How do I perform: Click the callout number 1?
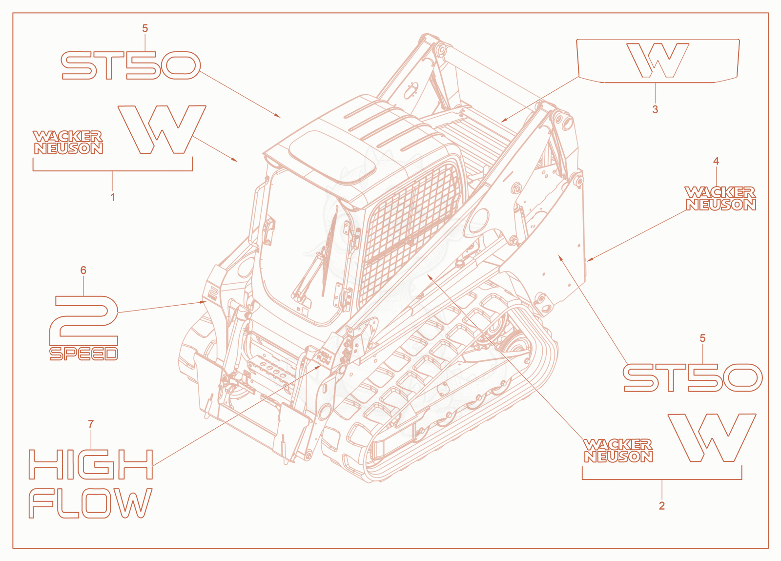(113, 197)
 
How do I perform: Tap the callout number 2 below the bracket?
(662, 505)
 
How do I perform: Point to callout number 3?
(655, 109)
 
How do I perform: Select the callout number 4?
(716, 161)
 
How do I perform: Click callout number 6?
(83, 270)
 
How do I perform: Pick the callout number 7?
(91, 424)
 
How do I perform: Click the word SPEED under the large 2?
(83, 354)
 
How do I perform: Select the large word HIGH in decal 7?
(91, 464)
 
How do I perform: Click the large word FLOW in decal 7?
(90, 503)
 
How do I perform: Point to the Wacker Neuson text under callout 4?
(720, 198)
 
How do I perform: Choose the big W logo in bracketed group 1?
(162, 129)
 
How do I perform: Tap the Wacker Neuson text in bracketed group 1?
(68, 142)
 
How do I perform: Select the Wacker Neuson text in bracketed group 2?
(618, 451)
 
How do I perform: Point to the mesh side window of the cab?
(408, 233)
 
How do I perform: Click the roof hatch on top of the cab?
(332, 158)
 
